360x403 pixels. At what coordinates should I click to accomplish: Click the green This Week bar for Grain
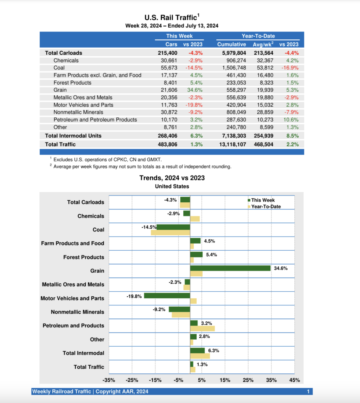tap(230, 268)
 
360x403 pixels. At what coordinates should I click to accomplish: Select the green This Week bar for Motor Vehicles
tap(167, 296)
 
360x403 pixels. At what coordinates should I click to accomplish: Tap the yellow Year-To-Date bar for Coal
tap(170, 233)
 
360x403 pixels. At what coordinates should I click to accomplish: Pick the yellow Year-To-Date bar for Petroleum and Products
tap(202, 328)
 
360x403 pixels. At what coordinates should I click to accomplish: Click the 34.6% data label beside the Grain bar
tap(281, 268)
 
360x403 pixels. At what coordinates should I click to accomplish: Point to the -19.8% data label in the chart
tap(134, 296)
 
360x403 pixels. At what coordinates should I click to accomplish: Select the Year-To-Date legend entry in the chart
tap(266, 207)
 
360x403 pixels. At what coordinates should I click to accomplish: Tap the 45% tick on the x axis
tap(294, 380)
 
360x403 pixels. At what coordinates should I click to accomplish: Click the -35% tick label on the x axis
tap(109, 380)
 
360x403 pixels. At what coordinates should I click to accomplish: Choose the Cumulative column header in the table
tap(231, 44)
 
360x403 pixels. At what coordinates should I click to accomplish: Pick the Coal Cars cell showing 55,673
tap(169, 68)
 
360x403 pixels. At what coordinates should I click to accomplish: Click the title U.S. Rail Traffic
tap(172, 18)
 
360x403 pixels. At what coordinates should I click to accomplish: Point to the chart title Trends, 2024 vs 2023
tap(172, 178)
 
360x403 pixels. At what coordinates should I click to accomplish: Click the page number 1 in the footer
tap(308, 392)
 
